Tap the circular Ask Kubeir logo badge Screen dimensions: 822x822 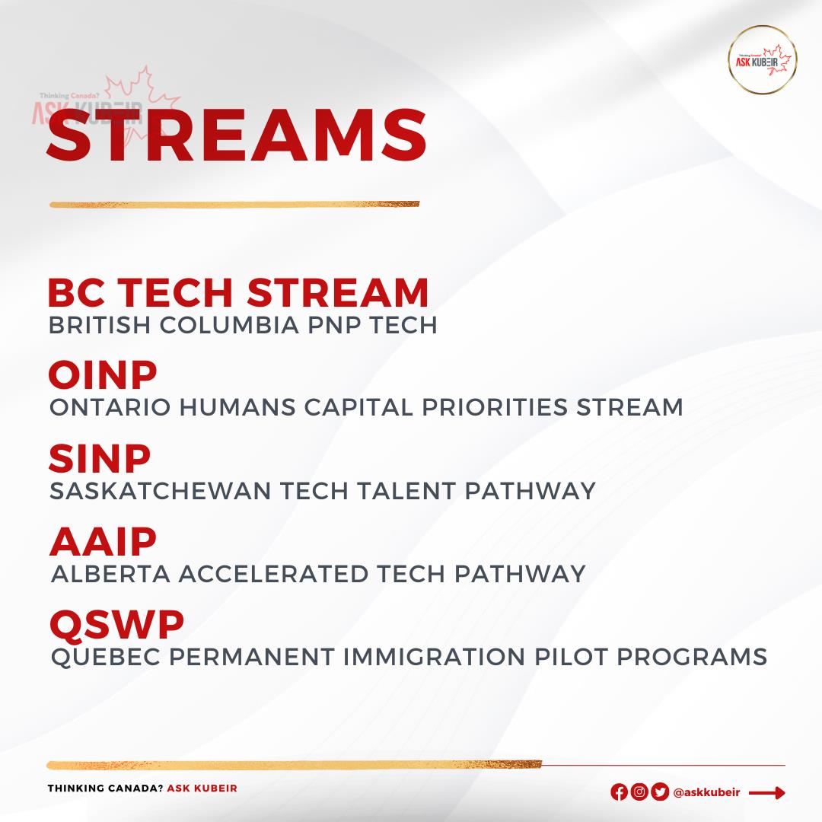click(x=762, y=60)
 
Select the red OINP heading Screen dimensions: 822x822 click(x=103, y=374)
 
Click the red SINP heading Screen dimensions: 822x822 click(x=100, y=458)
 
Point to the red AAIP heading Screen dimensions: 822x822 click(x=104, y=542)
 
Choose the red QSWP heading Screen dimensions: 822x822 click(x=117, y=626)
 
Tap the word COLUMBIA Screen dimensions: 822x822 click(x=230, y=325)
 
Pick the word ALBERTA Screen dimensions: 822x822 click(x=110, y=574)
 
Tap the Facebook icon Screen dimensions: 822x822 click(x=619, y=792)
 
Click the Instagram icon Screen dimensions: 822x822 click(x=639, y=792)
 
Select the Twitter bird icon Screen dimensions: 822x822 click(x=659, y=792)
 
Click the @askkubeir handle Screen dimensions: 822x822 click(x=706, y=792)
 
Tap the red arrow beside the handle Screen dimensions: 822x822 click(x=767, y=792)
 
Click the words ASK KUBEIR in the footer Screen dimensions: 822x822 click(x=202, y=788)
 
